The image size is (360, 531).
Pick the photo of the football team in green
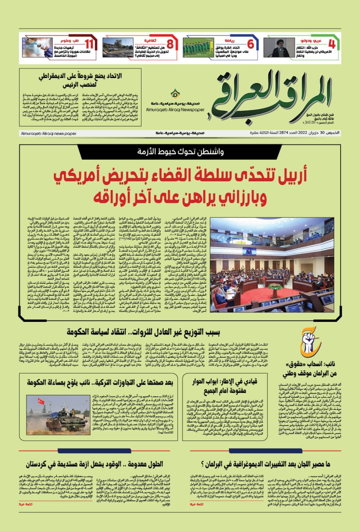198,48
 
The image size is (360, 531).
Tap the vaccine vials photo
37,48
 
